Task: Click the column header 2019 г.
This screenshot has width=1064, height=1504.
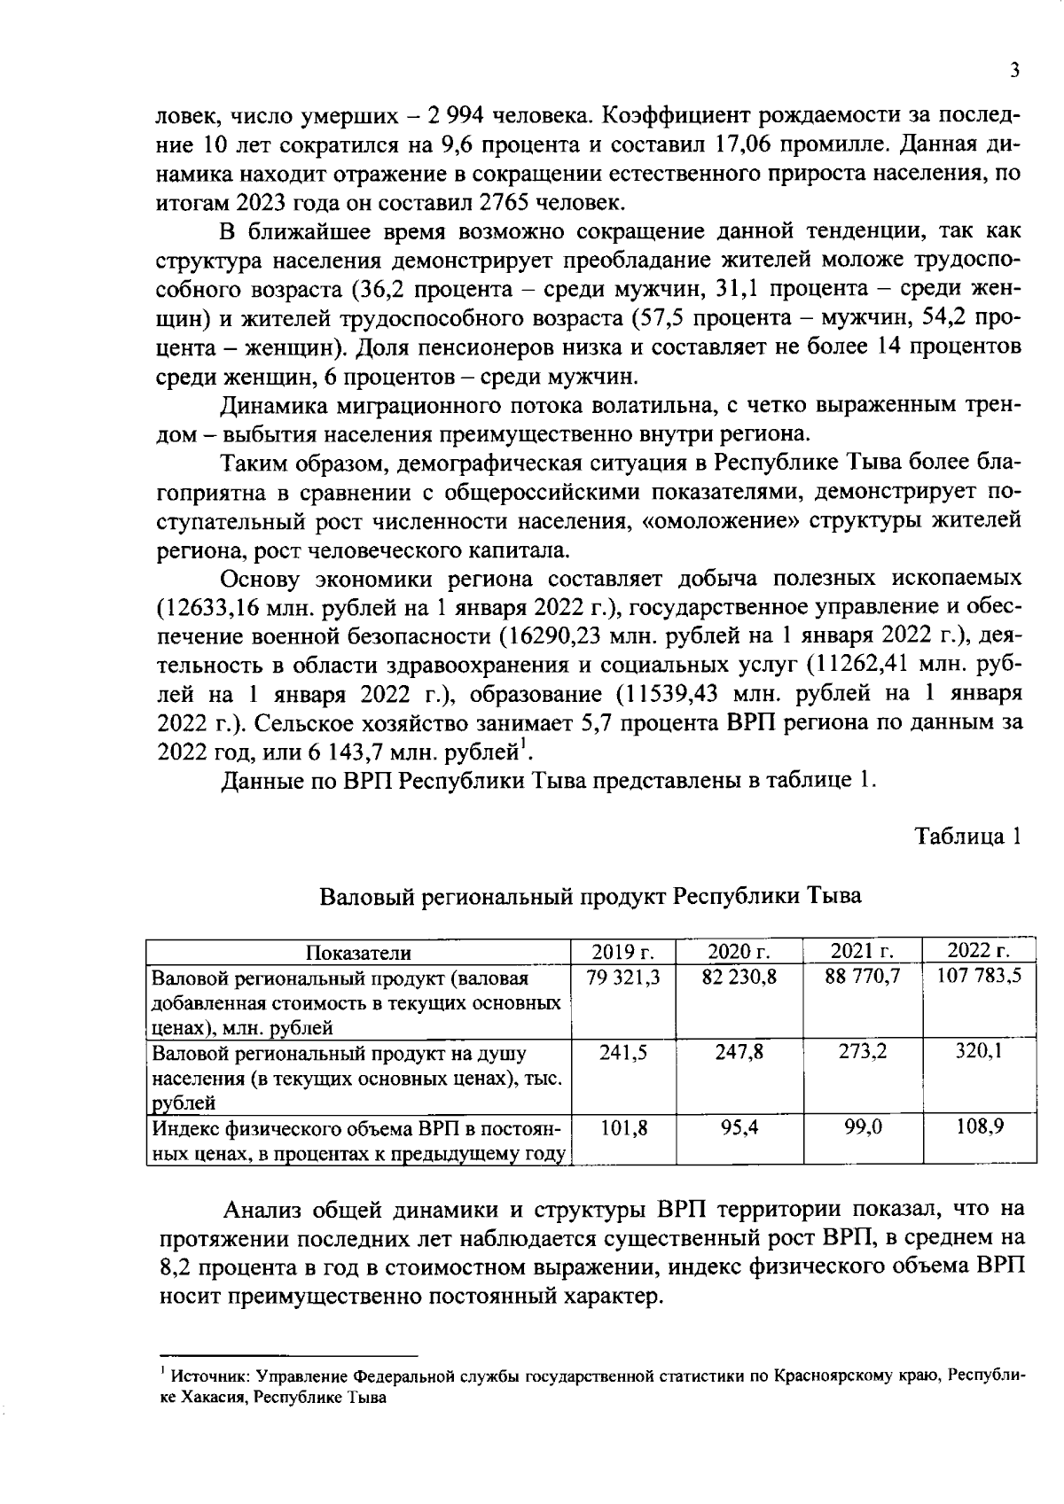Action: [x=622, y=952]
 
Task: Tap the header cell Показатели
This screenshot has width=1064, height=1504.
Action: [x=358, y=953]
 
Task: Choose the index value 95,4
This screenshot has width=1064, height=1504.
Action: [x=739, y=1127]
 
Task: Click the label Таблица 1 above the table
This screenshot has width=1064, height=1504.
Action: [x=969, y=837]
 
